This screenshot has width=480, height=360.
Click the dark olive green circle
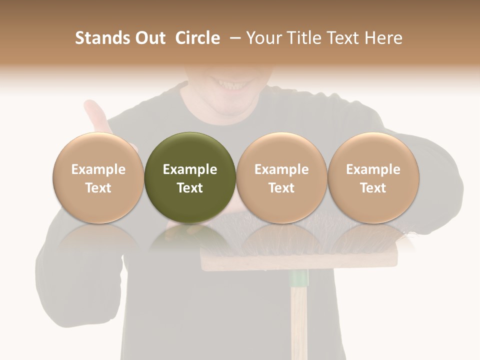[190, 177]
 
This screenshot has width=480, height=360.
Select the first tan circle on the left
[98, 177]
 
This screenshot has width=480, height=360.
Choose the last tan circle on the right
[373, 177]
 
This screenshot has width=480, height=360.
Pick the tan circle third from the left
[281, 177]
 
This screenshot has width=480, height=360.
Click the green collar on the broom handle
[299, 277]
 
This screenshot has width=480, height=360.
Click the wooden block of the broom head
[299, 260]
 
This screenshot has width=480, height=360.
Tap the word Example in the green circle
[190, 169]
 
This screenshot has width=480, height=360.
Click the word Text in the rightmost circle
[373, 188]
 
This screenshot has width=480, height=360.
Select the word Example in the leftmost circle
[98, 169]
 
